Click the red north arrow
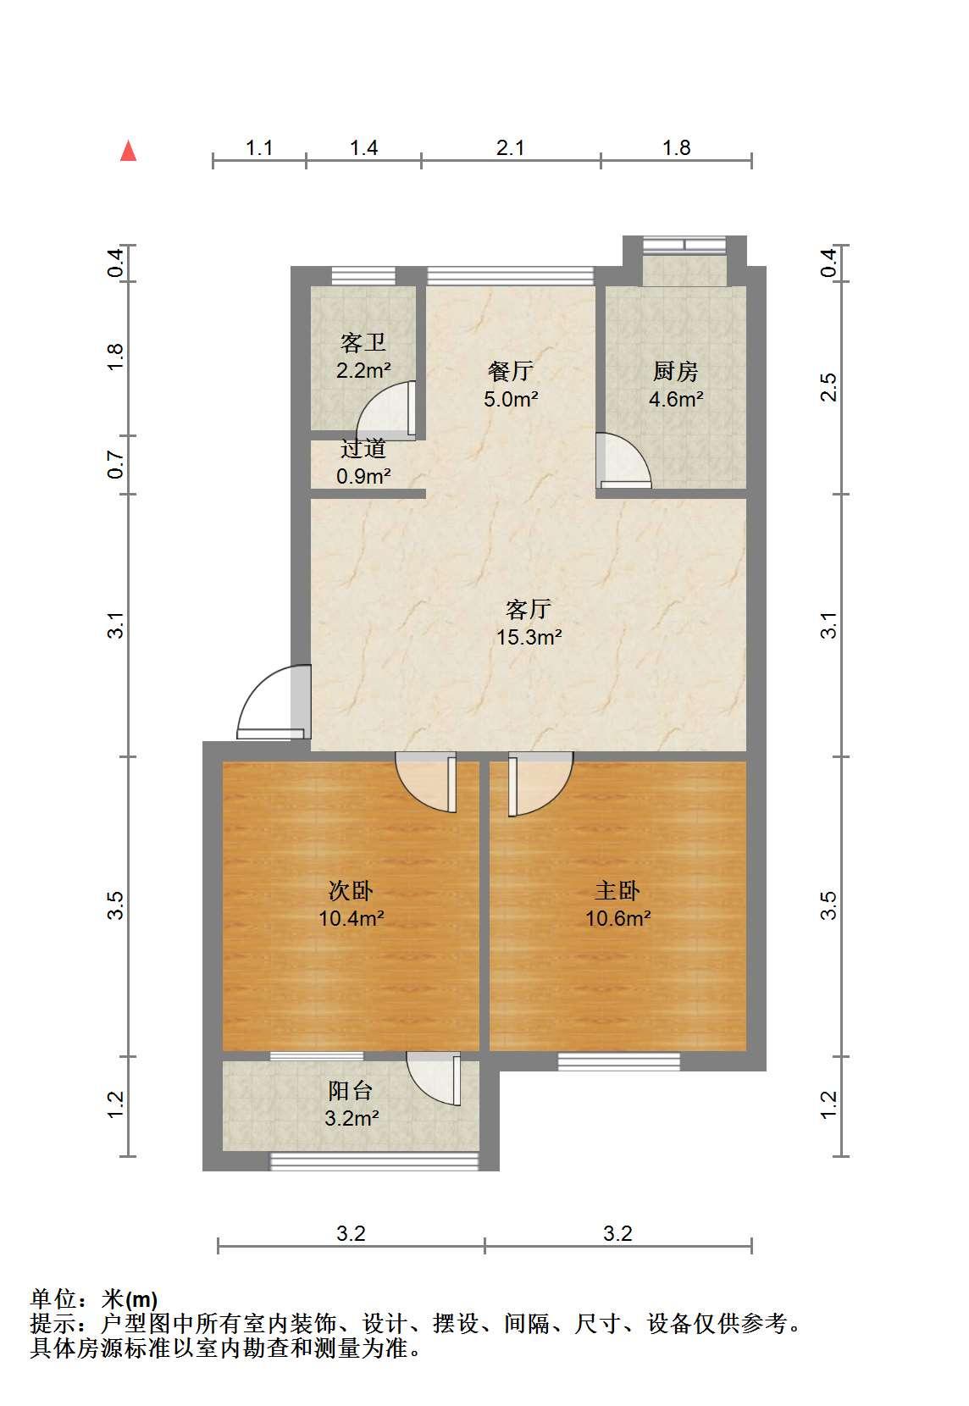pyautogui.click(x=128, y=151)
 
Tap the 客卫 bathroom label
pyautogui.click(x=363, y=343)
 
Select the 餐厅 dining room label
pyautogui.click(x=510, y=371)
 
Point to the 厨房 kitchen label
pyautogui.click(x=675, y=371)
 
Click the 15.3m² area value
pyautogui.click(x=529, y=637)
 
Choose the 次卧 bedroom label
pyautogui.click(x=351, y=891)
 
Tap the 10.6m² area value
pyautogui.click(x=617, y=918)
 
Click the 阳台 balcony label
pyautogui.click(x=350, y=1090)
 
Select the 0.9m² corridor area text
pyautogui.click(x=363, y=476)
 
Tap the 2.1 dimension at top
pyautogui.click(x=510, y=148)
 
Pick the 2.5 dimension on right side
pyautogui.click(x=829, y=386)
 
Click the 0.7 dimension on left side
pyautogui.click(x=115, y=464)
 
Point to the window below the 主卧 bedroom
pyautogui.click(x=619, y=1060)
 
